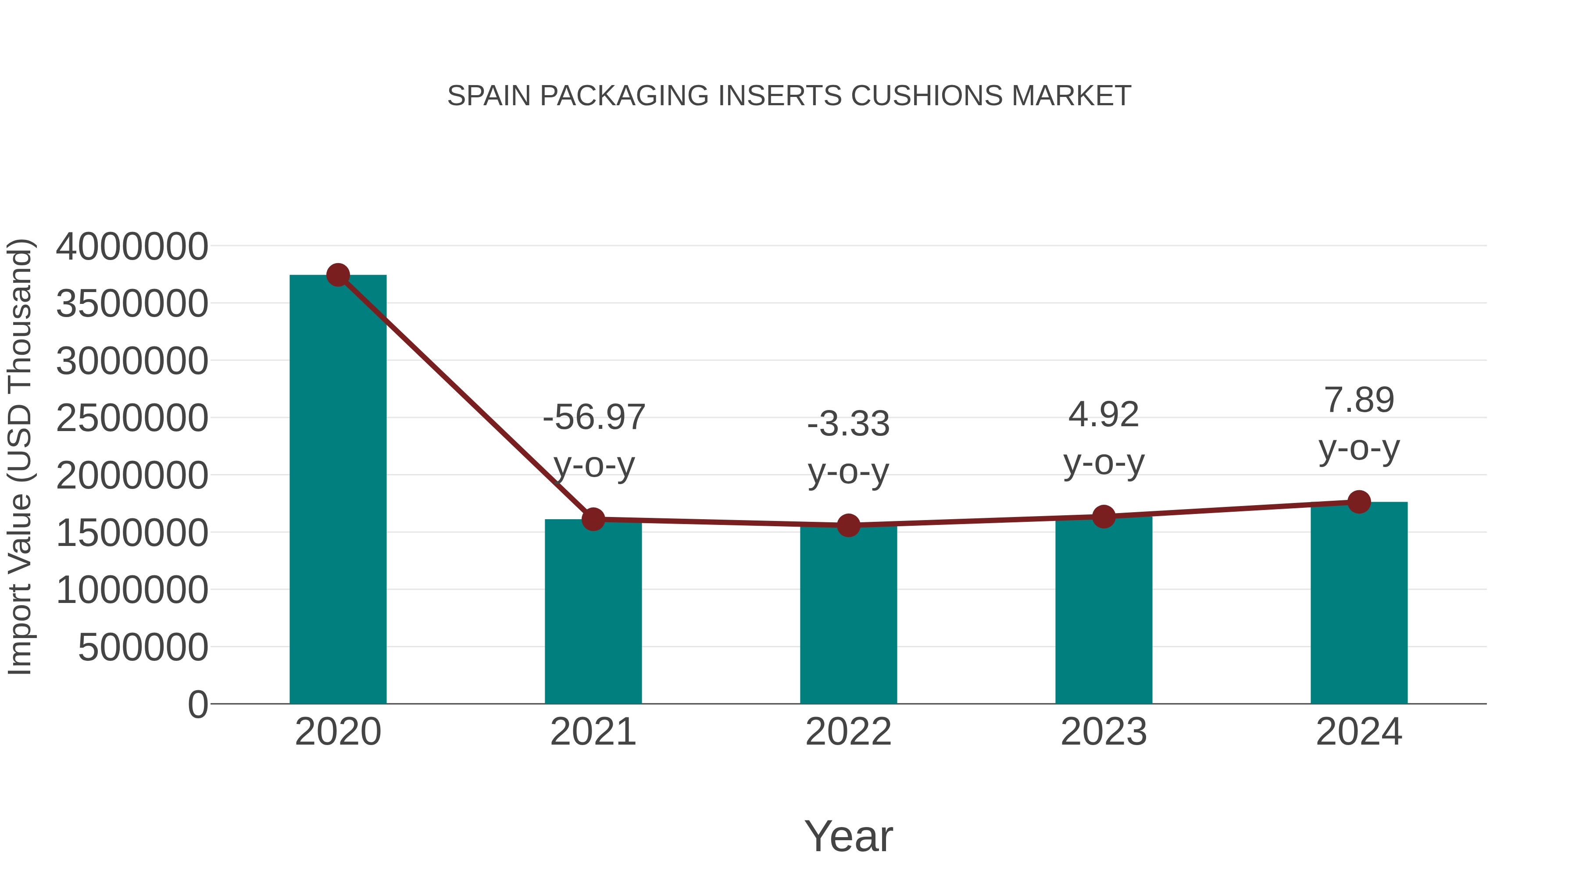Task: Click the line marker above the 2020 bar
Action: coord(338,275)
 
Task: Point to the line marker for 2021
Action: coord(593,519)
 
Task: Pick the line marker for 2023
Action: coord(1104,517)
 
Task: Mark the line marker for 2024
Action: coord(1359,502)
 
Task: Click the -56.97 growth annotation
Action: coord(593,417)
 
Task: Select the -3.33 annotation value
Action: coord(848,424)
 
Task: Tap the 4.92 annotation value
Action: coord(1104,415)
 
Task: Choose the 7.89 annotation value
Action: coord(1359,400)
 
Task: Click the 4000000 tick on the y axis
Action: coord(132,246)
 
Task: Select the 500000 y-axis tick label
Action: coord(143,647)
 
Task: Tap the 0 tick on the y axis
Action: coord(198,704)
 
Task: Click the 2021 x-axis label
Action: coord(593,732)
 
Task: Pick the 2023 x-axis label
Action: coord(1104,732)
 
